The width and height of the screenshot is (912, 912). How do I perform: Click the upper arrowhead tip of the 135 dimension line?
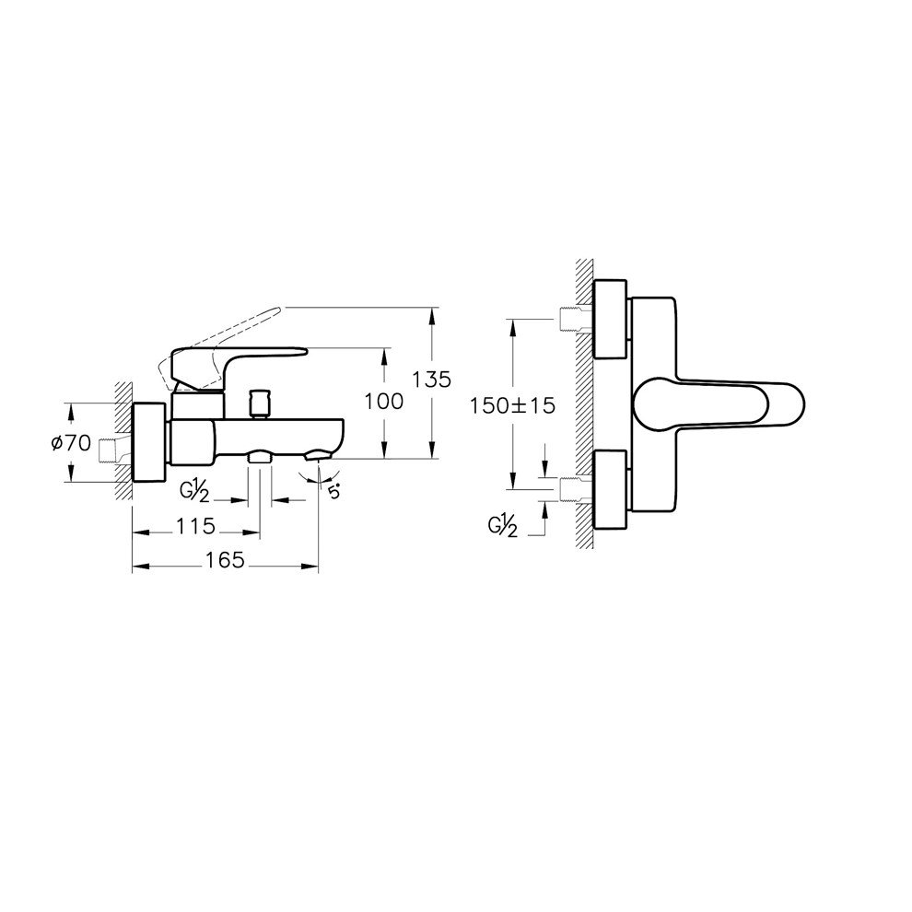point(431,307)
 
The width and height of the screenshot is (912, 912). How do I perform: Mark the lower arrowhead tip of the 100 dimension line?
point(384,459)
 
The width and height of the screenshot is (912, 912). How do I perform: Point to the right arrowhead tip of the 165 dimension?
point(319,566)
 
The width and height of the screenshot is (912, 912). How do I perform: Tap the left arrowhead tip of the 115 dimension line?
point(134,532)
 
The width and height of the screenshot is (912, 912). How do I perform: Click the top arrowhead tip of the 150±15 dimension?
point(512,319)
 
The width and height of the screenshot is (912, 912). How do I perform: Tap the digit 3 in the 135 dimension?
point(431,380)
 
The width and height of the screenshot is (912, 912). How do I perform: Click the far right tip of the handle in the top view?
point(805,403)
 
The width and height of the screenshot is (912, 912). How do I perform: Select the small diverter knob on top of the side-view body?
point(258,403)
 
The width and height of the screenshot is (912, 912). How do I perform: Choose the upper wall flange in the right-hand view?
point(610,319)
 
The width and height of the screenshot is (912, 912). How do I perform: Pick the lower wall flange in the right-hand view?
point(610,490)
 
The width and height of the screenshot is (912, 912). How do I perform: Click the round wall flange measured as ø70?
point(151,442)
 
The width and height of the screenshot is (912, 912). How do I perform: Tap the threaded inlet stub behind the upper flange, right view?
point(576,319)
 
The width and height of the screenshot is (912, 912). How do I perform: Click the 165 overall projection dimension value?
point(226,560)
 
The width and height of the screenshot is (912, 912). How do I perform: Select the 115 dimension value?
point(196,526)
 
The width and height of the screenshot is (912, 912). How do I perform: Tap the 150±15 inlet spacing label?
point(513,405)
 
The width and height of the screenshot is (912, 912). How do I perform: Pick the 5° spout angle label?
point(333,492)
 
